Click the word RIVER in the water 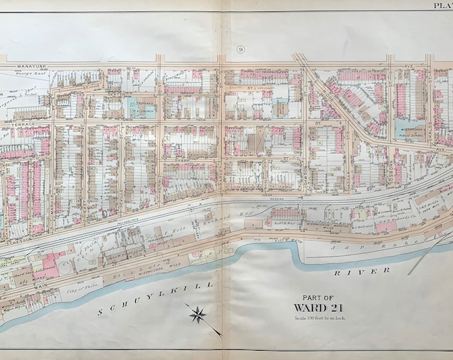point(353,271)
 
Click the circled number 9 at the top point(240,50)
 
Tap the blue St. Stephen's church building point(141,108)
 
